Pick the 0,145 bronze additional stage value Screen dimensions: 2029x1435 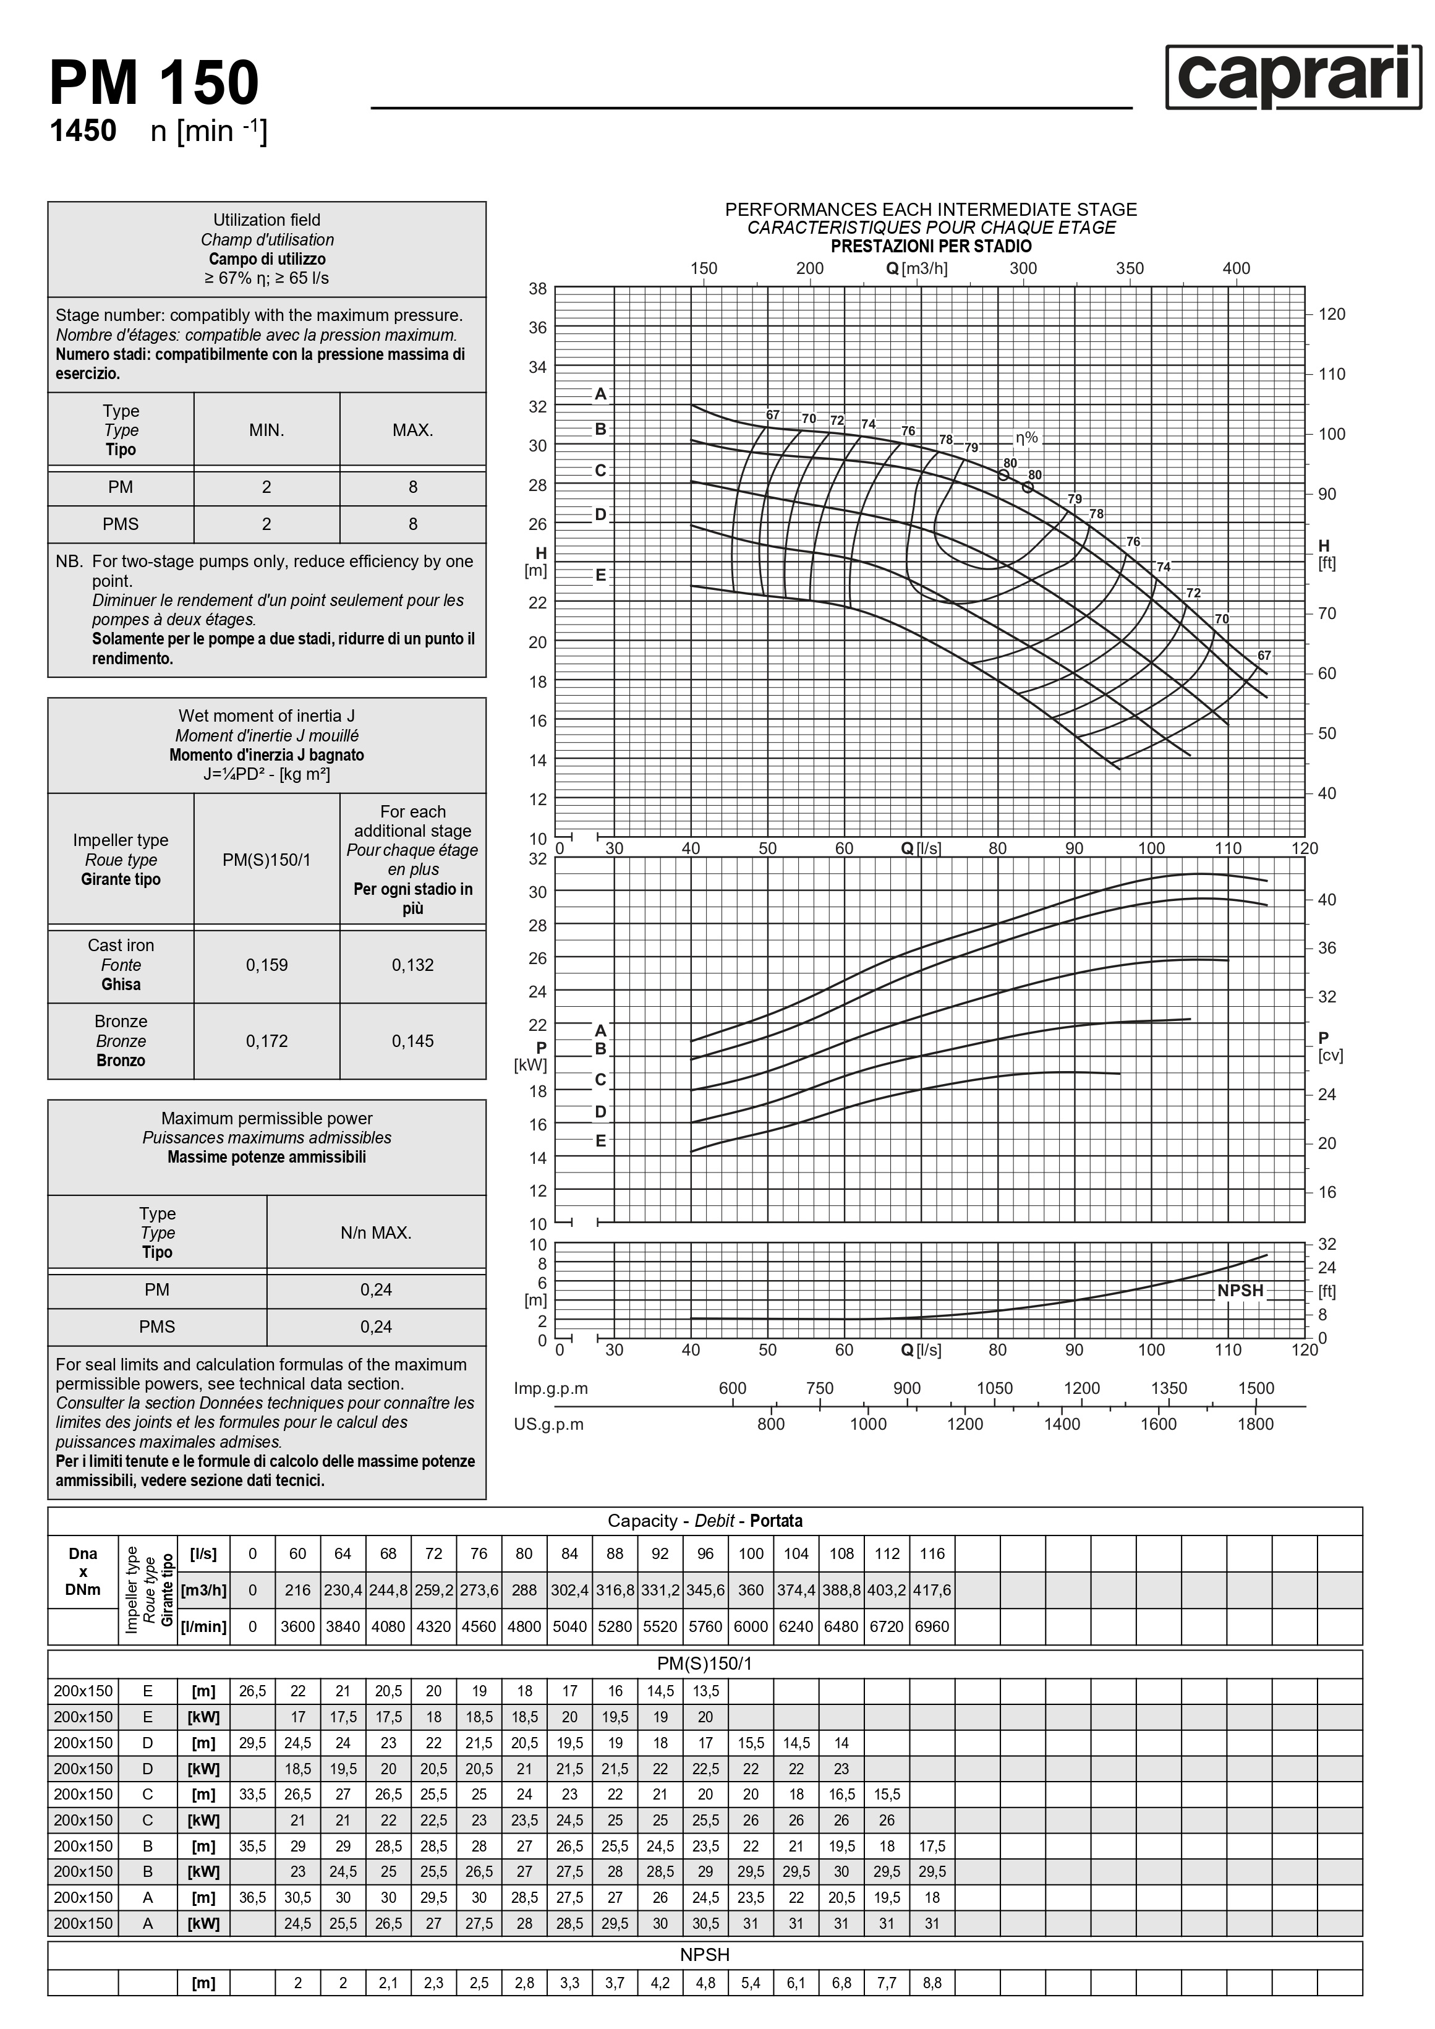click(412, 1040)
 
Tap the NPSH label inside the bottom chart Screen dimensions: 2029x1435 click(1240, 1290)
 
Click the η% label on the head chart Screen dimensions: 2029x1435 click(1026, 437)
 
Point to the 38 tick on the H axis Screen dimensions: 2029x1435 click(537, 289)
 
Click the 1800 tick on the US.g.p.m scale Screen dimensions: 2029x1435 click(1254, 1424)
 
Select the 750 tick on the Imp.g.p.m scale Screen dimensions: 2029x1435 click(819, 1388)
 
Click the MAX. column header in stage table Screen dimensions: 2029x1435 click(412, 430)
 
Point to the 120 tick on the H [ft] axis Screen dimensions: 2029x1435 click(1331, 315)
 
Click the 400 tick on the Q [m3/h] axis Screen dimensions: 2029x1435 click(1236, 268)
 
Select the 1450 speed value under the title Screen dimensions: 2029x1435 click(83, 130)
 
